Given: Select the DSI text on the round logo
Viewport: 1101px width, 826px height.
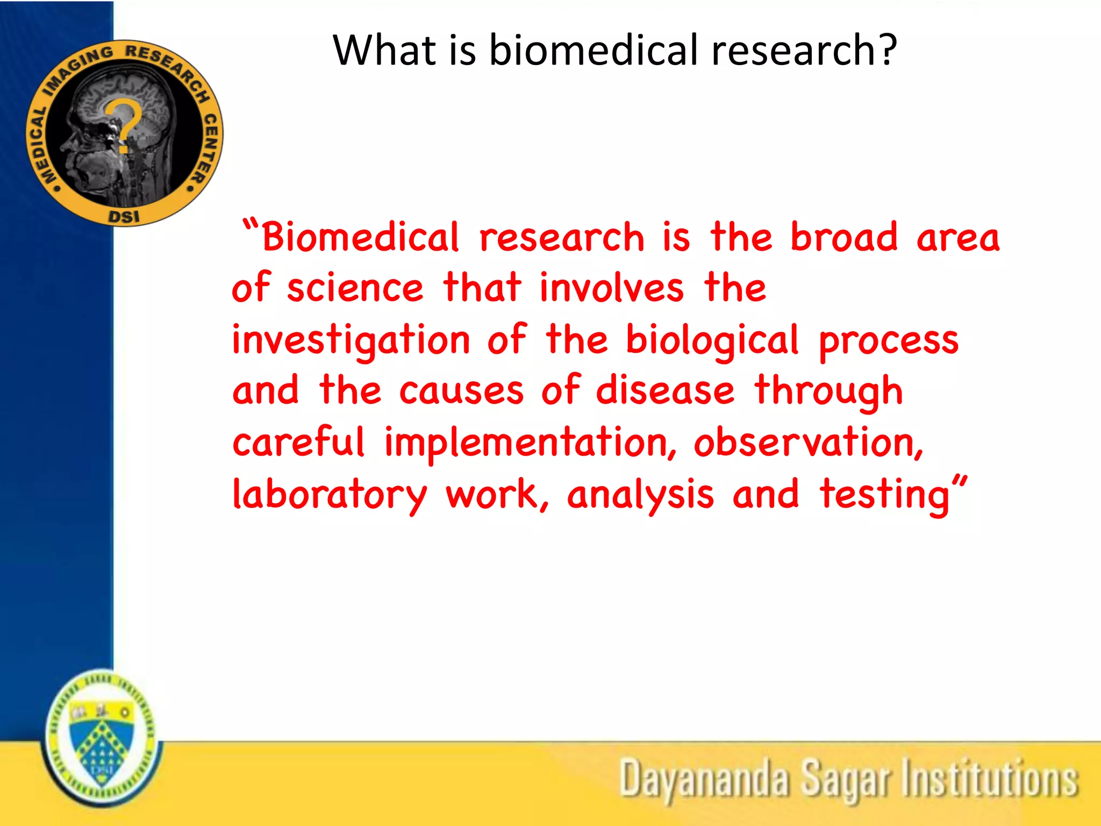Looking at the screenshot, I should click(124, 217).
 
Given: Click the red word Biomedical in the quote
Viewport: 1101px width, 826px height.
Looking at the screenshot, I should click(360, 237).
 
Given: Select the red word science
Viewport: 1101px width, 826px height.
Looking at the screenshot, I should click(355, 288).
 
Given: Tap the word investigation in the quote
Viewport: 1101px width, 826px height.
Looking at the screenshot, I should click(351, 341).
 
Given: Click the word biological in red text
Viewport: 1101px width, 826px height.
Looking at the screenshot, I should click(712, 341).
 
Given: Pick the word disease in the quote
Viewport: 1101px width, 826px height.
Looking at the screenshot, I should click(665, 390).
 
